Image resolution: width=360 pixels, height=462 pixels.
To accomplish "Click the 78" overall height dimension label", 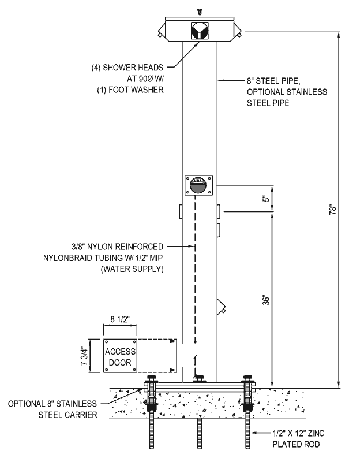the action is click(333, 210).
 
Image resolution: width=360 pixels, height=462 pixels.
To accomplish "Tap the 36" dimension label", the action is click(266, 300).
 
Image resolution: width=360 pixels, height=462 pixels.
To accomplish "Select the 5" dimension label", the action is click(266, 198).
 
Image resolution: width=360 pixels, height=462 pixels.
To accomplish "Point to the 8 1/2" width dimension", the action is click(120, 319).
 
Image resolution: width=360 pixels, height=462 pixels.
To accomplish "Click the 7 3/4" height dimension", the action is click(84, 356).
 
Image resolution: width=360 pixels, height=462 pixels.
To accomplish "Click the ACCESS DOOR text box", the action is click(120, 356).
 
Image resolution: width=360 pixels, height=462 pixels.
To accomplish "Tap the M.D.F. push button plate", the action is click(198, 185).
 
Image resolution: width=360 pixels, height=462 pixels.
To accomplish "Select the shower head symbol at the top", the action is click(200, 31).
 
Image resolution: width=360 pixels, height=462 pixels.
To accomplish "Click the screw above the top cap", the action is click(200, 12).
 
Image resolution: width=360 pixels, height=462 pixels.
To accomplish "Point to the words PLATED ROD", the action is click(296, 444).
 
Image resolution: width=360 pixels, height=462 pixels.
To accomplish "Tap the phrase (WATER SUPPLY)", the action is click(132, 269).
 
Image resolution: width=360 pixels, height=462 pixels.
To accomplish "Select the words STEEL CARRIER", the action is click(67, 415).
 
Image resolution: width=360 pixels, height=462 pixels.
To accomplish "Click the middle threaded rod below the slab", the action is click(200, 434).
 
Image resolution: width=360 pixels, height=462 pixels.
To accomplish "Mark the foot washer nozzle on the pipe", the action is click(222, 307).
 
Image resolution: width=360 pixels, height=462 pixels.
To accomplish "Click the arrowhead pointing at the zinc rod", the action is click(254, 433).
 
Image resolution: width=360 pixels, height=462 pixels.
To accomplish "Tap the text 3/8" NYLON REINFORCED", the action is click(118, 247).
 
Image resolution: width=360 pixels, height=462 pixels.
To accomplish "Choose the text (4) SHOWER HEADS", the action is click(127, 68).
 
